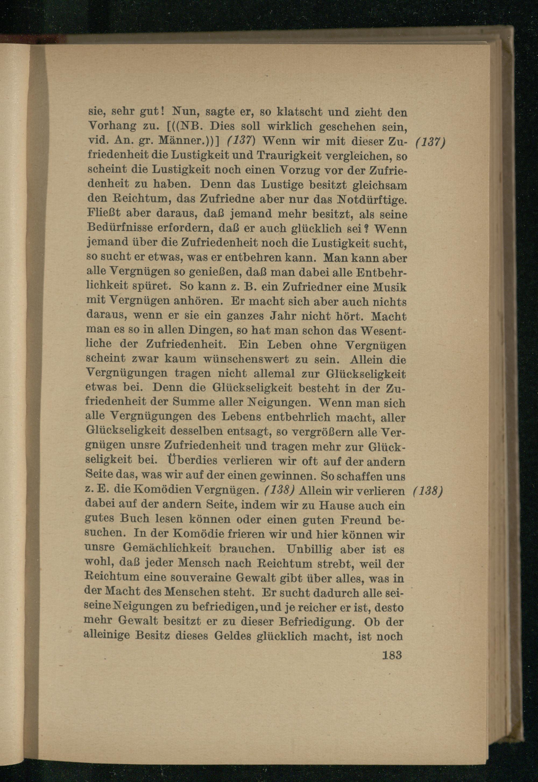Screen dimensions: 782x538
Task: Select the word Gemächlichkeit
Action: point(167,549)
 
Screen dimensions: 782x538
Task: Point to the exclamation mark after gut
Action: point(162,111)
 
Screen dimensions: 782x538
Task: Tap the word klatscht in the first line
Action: point(301,111)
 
